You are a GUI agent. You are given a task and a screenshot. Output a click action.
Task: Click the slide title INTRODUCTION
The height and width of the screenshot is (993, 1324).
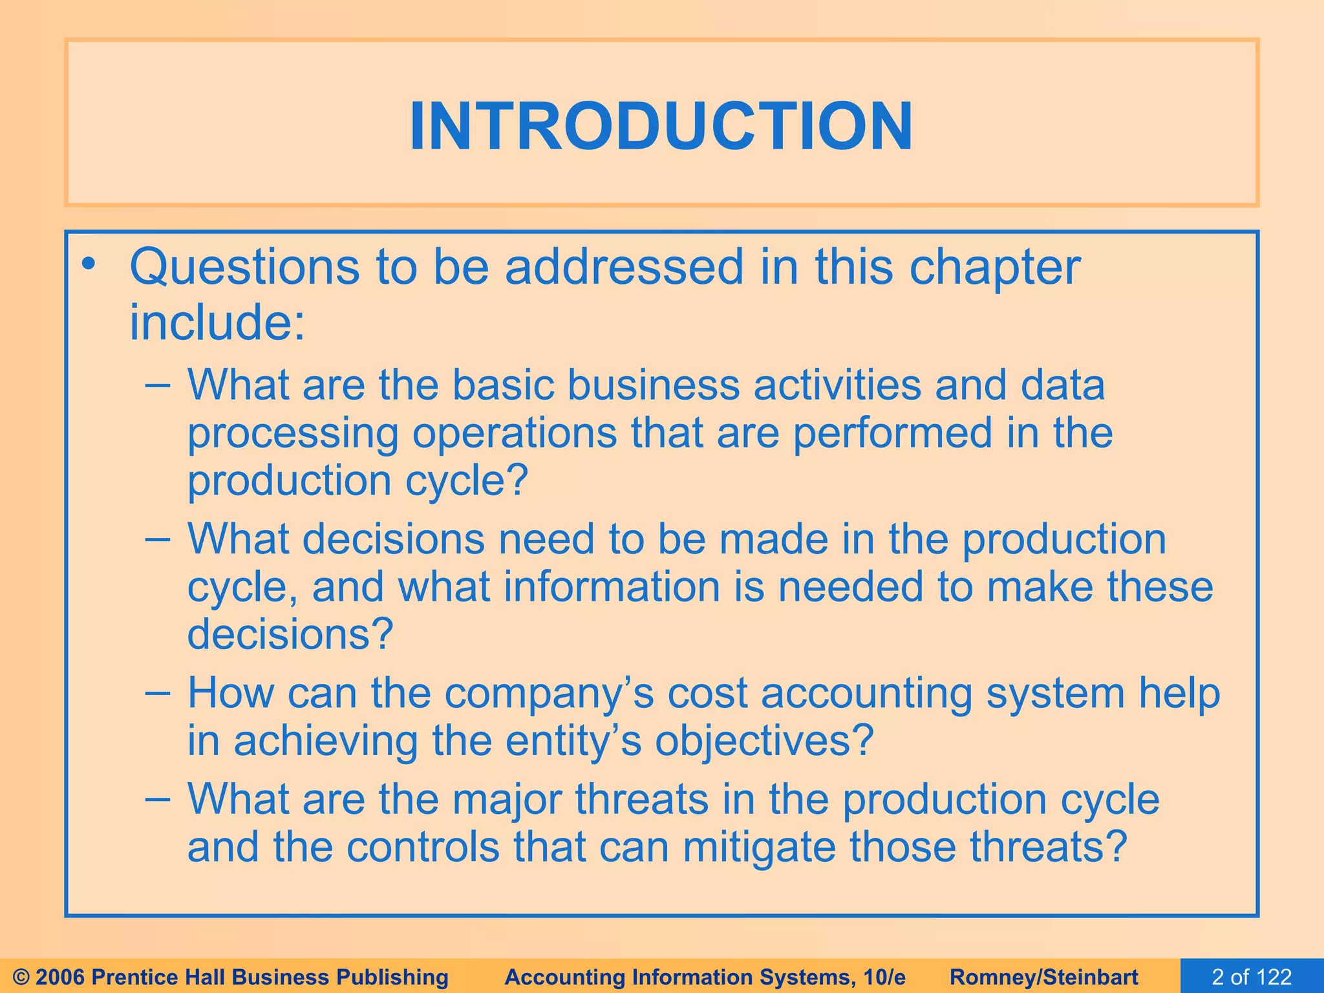661,126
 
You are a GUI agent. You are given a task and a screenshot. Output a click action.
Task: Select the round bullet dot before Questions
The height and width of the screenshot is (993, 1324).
89,264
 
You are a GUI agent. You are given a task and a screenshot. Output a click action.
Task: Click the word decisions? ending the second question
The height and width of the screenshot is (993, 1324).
290,634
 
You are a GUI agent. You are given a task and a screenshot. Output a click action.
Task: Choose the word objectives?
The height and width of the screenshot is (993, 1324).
764,741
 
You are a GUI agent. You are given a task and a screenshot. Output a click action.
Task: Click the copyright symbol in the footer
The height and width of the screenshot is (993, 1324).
21,977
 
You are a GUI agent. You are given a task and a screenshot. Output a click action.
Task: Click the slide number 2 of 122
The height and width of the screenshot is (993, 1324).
1252,977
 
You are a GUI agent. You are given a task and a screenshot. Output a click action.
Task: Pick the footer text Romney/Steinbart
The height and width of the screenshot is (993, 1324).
1044,977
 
